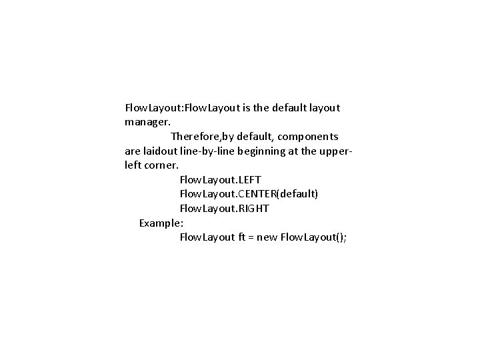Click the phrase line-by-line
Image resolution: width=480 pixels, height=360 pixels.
[212, 151]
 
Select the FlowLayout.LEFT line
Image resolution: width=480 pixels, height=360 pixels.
[220, 179]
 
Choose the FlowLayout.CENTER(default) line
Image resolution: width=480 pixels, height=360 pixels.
[249, 194]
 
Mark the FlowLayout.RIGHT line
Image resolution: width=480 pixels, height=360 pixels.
[224, 209]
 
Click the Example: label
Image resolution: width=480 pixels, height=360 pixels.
[161, 223]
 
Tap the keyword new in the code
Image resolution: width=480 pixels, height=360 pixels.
[268, 237]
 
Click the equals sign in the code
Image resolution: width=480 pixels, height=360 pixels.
[253, 238]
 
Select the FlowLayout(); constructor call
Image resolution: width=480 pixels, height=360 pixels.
[313, 237]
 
